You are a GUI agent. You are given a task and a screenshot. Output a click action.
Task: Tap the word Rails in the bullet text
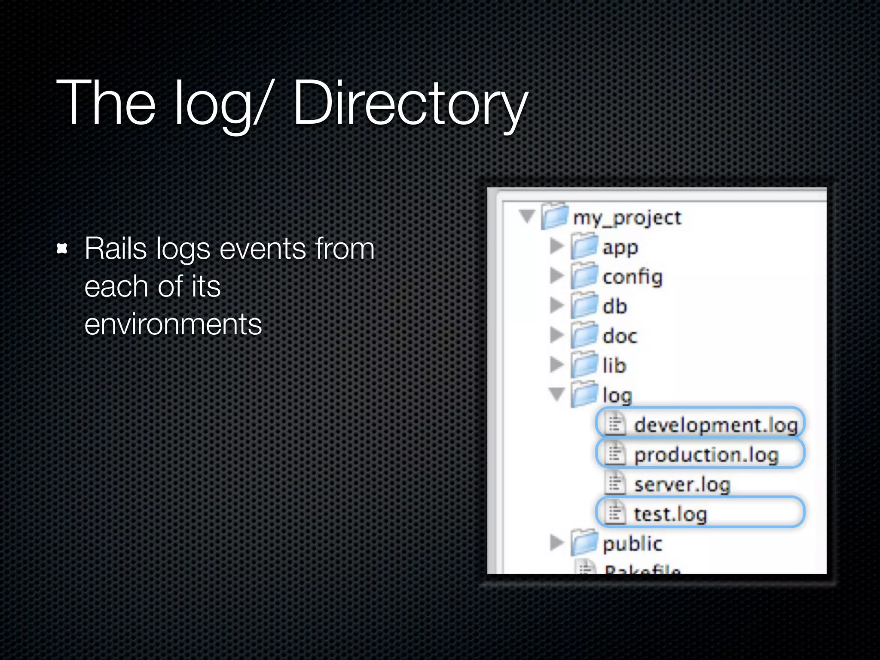pyautogui.click(x=115, y=249)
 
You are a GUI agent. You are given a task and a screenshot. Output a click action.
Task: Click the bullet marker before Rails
pyautogui.click(x=62, y=248)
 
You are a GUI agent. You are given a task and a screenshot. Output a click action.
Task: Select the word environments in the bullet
pyautogui.click(x=173, y=324)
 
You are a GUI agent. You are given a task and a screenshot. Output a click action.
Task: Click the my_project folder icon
pyautogui.click(x=555, y=216)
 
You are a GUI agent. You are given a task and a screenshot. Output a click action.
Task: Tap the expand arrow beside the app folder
pyautogui.click(x=556, y=246)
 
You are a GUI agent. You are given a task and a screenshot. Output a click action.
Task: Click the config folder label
pyautogui.click(x=632, y=277)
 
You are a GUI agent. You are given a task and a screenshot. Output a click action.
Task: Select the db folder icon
pyautogui.click(x=584, y=306)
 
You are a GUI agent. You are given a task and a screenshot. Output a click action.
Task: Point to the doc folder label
pyautogui.click(x=620, y=336)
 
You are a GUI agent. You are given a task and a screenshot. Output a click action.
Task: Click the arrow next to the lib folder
pyautogui.click(x=556, y=365)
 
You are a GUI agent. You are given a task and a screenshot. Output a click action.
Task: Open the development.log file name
pyautogui.click(x=715, y=425)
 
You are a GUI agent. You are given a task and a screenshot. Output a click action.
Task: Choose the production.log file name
pyautogui.click(x=706, y=455)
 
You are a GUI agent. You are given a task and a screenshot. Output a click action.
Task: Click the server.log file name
pyautogui.click(x=682, y=485)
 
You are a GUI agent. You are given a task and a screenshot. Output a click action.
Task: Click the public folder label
pyautogui.click(x=632, y=544)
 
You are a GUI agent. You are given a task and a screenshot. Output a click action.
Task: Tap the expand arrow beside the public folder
pyautogui.click(x=556, y=543)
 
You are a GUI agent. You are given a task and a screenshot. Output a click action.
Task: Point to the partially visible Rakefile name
pyautogui.click(x=642, y=570)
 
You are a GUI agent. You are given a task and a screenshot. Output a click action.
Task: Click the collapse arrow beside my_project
pyautogui.click(x=527, y=216)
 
